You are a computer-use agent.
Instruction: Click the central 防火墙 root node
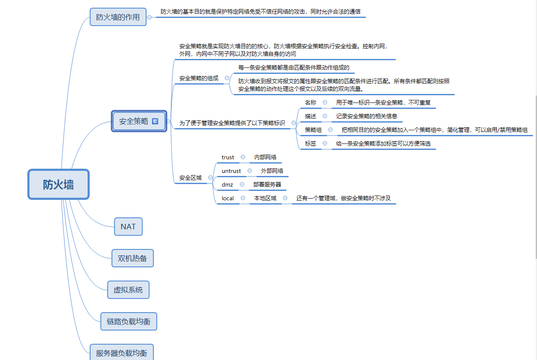tap(59, 184)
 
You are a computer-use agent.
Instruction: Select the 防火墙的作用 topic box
tap(118, 17)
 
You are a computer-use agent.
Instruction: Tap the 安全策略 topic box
tap(134, 121)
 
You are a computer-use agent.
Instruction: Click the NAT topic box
tap(128, 226)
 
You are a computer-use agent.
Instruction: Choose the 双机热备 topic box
tap(132, 258)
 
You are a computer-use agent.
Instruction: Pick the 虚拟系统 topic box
tap(128, 290)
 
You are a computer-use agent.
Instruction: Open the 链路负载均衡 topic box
tap(129, 322)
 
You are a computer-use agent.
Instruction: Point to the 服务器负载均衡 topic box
tap(121, 353)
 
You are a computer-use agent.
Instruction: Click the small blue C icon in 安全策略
tap(155, 121)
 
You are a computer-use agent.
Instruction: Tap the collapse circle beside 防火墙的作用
tap(149, 17)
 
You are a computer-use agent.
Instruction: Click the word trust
tap(228, 158)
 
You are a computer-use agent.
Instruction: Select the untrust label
tap(231, 171)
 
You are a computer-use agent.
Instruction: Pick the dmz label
tap(227, 184)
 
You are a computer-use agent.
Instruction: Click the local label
tap(228, 198)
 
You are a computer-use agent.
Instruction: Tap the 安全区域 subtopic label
tap(191, 178)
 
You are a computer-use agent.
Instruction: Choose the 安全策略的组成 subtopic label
tap(199, 78)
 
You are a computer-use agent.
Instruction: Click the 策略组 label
tap(313, 130)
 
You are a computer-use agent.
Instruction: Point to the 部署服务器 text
tap(267, 184)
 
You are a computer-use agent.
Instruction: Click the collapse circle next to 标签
tap(325, 143)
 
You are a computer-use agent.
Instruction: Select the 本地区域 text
tap(265, 198)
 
